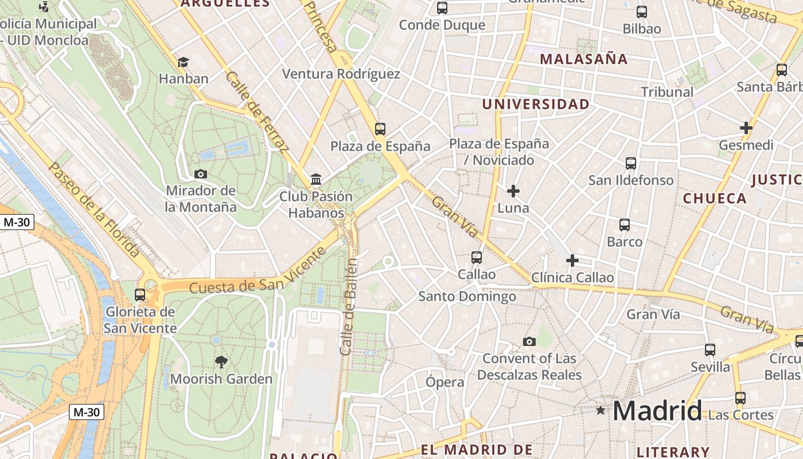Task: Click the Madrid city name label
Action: (x=657, y=411)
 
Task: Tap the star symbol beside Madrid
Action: (x=601, y=410)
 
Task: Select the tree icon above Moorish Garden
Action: (x=221, y=361)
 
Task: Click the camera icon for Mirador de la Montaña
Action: (x=201, y=174)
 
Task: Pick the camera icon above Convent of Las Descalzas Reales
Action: (x=529, y=341)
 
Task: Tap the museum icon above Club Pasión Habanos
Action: (x=316, y=180)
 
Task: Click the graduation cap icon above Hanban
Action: (x=183, y=62)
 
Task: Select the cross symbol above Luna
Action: (x=513, y=190)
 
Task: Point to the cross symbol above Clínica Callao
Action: (x=572, y=260)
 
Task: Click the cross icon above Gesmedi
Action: (x=746, y=128)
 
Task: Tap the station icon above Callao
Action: (x=477, y=258)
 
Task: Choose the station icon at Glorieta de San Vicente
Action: (x=140, y=295)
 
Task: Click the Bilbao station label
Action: (x=642, y=29)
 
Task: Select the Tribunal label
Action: (x=667, y=92)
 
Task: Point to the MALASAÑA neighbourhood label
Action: (x=584, y=59)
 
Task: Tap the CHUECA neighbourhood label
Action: (x=715, y=199)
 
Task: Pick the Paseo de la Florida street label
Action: (x=95, y=209)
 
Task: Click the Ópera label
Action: (x=445, y=382)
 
